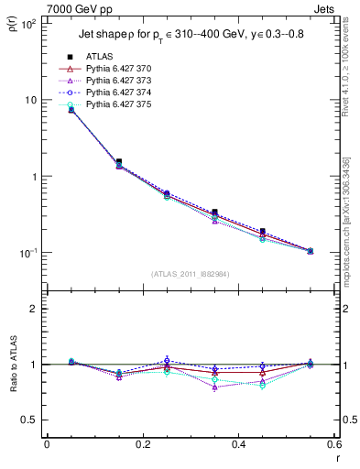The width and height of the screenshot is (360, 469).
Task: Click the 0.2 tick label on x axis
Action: click(x=142, y=445)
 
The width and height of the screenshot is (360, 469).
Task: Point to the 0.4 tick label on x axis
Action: click(x=237, y=445)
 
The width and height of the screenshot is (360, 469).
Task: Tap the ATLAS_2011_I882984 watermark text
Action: click(x=190, y=274)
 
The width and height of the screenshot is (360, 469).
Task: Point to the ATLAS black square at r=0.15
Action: click(x=119, y=161)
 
